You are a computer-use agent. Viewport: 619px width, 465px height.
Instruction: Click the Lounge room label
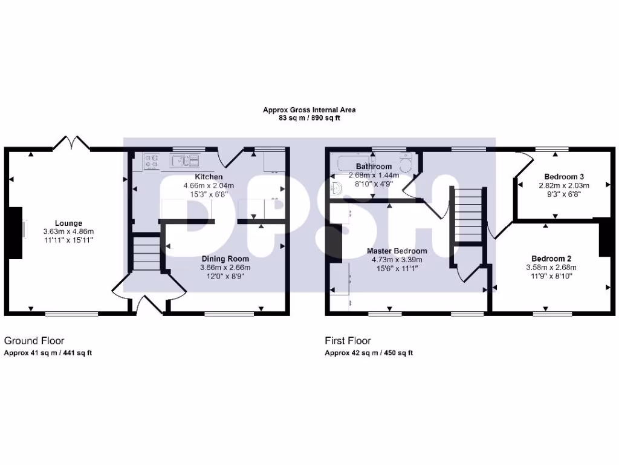[68, 223]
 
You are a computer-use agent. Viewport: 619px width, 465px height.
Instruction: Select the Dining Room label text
[225, 259]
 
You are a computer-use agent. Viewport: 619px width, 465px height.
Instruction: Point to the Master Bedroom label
[397, 251]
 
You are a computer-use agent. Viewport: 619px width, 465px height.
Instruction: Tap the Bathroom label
[374, 166]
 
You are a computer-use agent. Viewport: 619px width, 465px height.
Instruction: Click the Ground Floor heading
[34, 341]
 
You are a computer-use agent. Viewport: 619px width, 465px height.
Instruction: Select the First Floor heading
[348, 341]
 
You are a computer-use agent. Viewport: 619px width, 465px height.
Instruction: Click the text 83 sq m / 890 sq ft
[309, 119]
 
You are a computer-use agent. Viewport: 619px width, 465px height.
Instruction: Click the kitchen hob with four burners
[151, 161]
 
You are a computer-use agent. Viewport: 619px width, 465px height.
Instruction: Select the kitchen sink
[185, 160]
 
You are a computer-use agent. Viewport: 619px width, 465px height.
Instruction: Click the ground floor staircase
[145, 253]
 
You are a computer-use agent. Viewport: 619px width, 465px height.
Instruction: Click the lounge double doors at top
[72, 143]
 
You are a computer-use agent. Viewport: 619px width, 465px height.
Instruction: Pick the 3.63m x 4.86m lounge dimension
[68, 231]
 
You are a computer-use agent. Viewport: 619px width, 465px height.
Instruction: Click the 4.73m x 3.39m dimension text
[397, 259]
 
